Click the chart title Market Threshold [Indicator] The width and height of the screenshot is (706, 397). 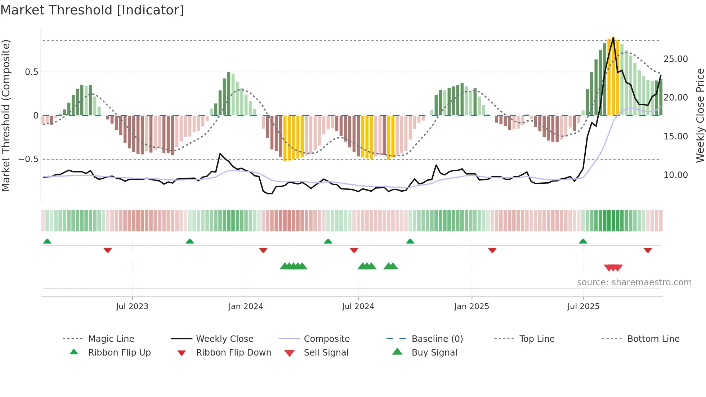[92, 10]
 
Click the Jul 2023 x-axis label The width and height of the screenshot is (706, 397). [132, 307]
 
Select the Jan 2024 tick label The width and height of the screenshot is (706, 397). [246, 307]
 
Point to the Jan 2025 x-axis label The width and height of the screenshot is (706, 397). [472, 307]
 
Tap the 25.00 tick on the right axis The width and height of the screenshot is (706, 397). [675, 59]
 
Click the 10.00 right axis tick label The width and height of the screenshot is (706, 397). [675, 175]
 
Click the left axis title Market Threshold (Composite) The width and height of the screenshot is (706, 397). [6, 115]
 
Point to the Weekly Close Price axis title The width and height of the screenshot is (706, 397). [700, 115]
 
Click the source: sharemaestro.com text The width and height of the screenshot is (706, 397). [634, 282]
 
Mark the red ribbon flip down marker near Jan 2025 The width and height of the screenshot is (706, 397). [492, 250]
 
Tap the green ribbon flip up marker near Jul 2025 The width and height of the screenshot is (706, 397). [583, 241]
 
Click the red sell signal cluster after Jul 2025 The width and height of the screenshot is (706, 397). [613, 268]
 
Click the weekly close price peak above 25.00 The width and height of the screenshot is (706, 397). [613, 38]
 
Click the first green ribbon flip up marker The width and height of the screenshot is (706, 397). [47, 241]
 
